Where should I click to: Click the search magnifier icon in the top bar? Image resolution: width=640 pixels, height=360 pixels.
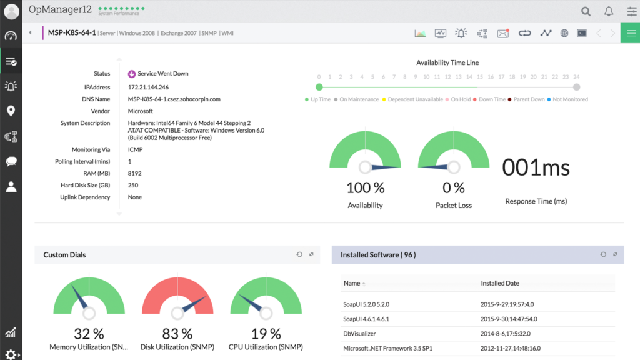(x=586, y=11)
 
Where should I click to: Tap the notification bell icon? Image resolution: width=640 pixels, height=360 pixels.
(x=608, y=11)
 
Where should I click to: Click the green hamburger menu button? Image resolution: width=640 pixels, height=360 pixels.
(x=630, y=33)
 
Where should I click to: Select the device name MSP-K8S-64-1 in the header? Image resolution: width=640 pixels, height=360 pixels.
(x=72, y=33)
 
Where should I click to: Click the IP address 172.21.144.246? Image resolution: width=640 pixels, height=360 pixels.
(x=148, y=87)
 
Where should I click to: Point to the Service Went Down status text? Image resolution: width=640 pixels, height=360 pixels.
(x=162, y=74)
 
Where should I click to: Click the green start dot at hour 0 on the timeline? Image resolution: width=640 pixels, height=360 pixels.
(x=319, y=87)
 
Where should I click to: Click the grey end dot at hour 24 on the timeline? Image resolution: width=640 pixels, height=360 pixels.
(x=576, y=87)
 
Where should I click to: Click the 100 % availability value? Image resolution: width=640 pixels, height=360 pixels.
(x=365, y=187)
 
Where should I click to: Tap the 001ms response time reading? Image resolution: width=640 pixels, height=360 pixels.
(x=536, y=167)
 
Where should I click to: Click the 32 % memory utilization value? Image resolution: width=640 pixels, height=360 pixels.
(x=89, y=334)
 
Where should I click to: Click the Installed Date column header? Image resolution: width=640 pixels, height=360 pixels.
(x=500, y=283)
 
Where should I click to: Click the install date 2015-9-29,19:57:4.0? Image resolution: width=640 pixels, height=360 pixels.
(x=507, y=304)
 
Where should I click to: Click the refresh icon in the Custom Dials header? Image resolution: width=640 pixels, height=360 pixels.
(x=299, y=254)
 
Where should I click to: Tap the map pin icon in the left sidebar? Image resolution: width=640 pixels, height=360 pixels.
(x=11, y=111)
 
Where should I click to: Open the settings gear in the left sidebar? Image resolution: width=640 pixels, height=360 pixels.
(x=11, y=354)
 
